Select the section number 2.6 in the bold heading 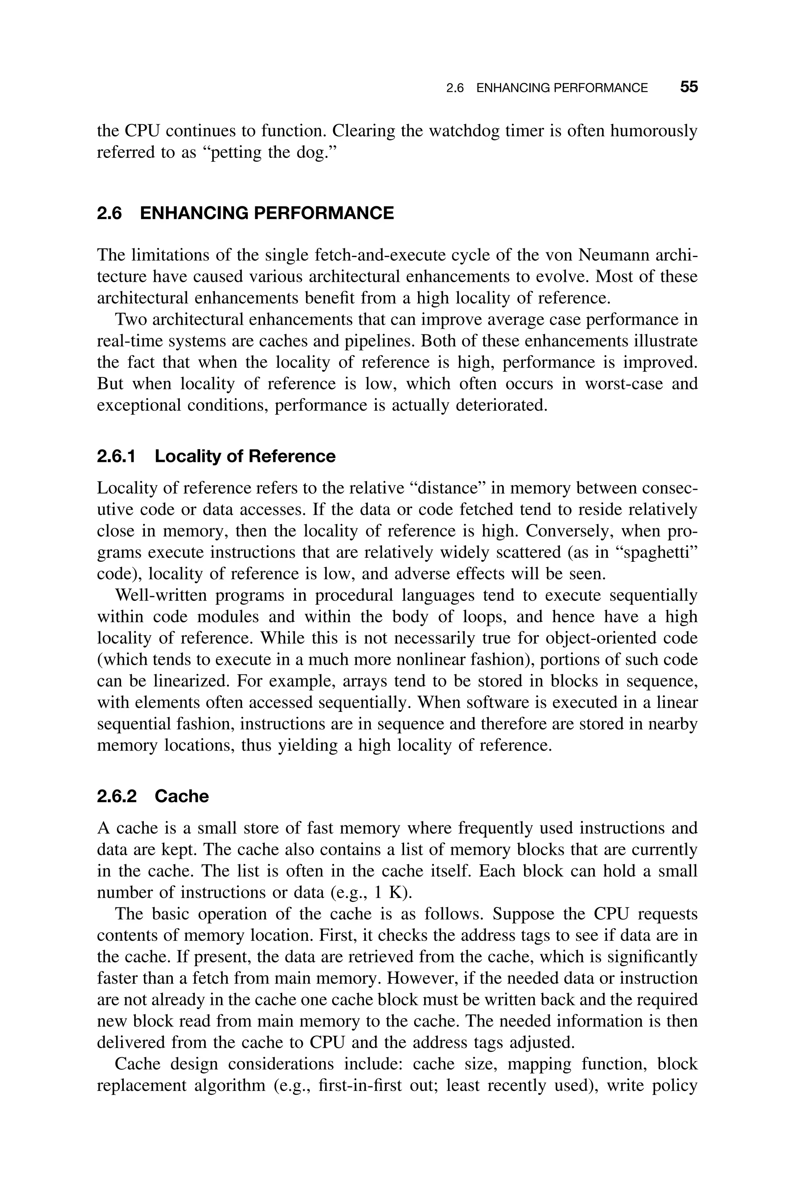(109, 213)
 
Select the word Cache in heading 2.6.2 (181, 796)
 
